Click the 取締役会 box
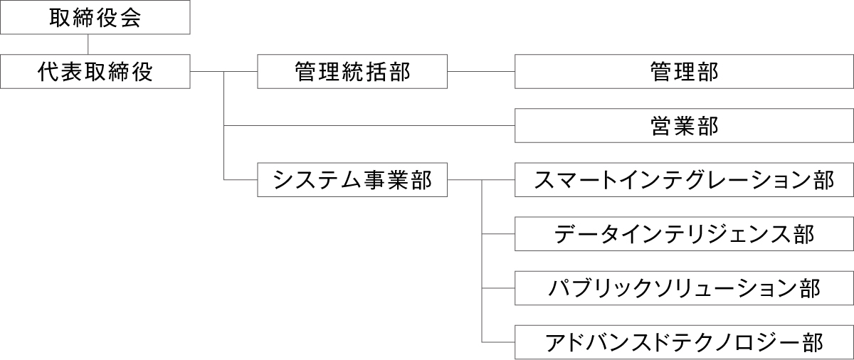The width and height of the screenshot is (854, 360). point(95,18)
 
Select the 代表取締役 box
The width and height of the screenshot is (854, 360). point(95,71)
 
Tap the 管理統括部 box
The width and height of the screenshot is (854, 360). point(352,71)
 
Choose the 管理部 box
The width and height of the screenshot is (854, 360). point(684,71)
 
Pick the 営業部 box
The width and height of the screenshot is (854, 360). point(684,126)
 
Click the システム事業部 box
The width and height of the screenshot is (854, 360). point(352,180)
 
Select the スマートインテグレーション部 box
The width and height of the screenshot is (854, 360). point(684,180)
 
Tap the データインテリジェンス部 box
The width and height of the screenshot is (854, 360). point(684,234)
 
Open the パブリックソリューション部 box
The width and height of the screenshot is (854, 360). point(684,288)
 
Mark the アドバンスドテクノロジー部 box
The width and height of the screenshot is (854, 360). point(684,342)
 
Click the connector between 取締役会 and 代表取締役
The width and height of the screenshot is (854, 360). point(88,44)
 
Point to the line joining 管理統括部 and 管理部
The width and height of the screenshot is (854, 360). point(481,71)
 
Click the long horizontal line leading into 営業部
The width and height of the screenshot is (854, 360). point(370,126)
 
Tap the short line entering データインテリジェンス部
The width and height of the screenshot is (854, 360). point(498,234)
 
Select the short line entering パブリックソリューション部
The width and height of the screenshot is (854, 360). point(498,288)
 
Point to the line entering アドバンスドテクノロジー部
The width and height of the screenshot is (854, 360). point(498,342)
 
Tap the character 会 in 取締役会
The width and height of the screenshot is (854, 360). point(130,18)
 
